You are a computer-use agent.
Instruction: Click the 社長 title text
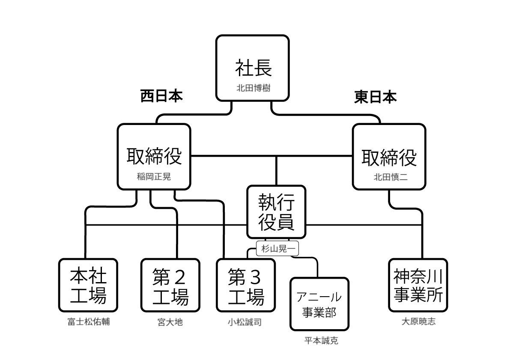[253, 68]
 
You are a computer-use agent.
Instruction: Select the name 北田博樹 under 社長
[253, 88]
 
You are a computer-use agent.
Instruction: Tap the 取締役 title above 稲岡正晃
[154, 156]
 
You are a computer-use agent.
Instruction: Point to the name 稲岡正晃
[154, 176]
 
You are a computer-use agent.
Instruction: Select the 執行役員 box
[276, 211]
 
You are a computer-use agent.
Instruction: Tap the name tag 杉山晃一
[277, 249]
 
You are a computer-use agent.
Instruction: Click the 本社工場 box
[88, 285]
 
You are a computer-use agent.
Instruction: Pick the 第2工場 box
[170, 285]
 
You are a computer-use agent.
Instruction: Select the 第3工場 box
[246, 285]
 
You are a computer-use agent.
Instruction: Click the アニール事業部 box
[319, 304]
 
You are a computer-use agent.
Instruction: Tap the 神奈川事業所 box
[418, 285]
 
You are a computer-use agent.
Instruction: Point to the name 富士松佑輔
[88, 322]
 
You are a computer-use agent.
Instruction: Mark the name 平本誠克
[321, 341]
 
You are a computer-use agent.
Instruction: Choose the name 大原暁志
[418, 321]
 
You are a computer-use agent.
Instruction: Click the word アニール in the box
[319, 297]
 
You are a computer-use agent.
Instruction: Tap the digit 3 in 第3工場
[255, 278]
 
